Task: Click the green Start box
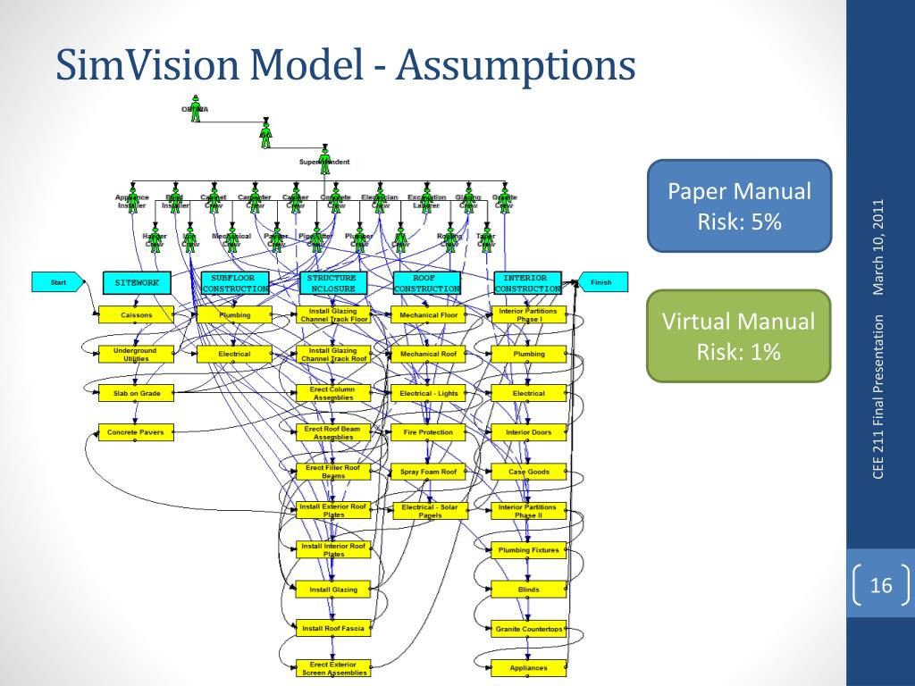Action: point(58,282)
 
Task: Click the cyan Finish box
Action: point(602,282)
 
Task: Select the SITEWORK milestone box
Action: point(136,283)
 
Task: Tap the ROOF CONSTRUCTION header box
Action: point(427,283)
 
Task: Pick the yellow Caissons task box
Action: point(137,315)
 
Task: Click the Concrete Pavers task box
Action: point(136,432)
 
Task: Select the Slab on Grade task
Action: point(137,392)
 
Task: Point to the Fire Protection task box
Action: point(428,432)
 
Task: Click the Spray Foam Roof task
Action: point(428,472)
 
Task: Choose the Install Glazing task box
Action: point(333,590)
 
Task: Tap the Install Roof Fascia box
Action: point(333,629)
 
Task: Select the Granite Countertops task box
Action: point(528,629)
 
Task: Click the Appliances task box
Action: point(528,667)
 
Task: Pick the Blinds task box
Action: point(528,590)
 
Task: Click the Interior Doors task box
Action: point(528,432)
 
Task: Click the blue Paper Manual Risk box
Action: point(740,205)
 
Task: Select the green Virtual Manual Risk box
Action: point(740,336)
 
